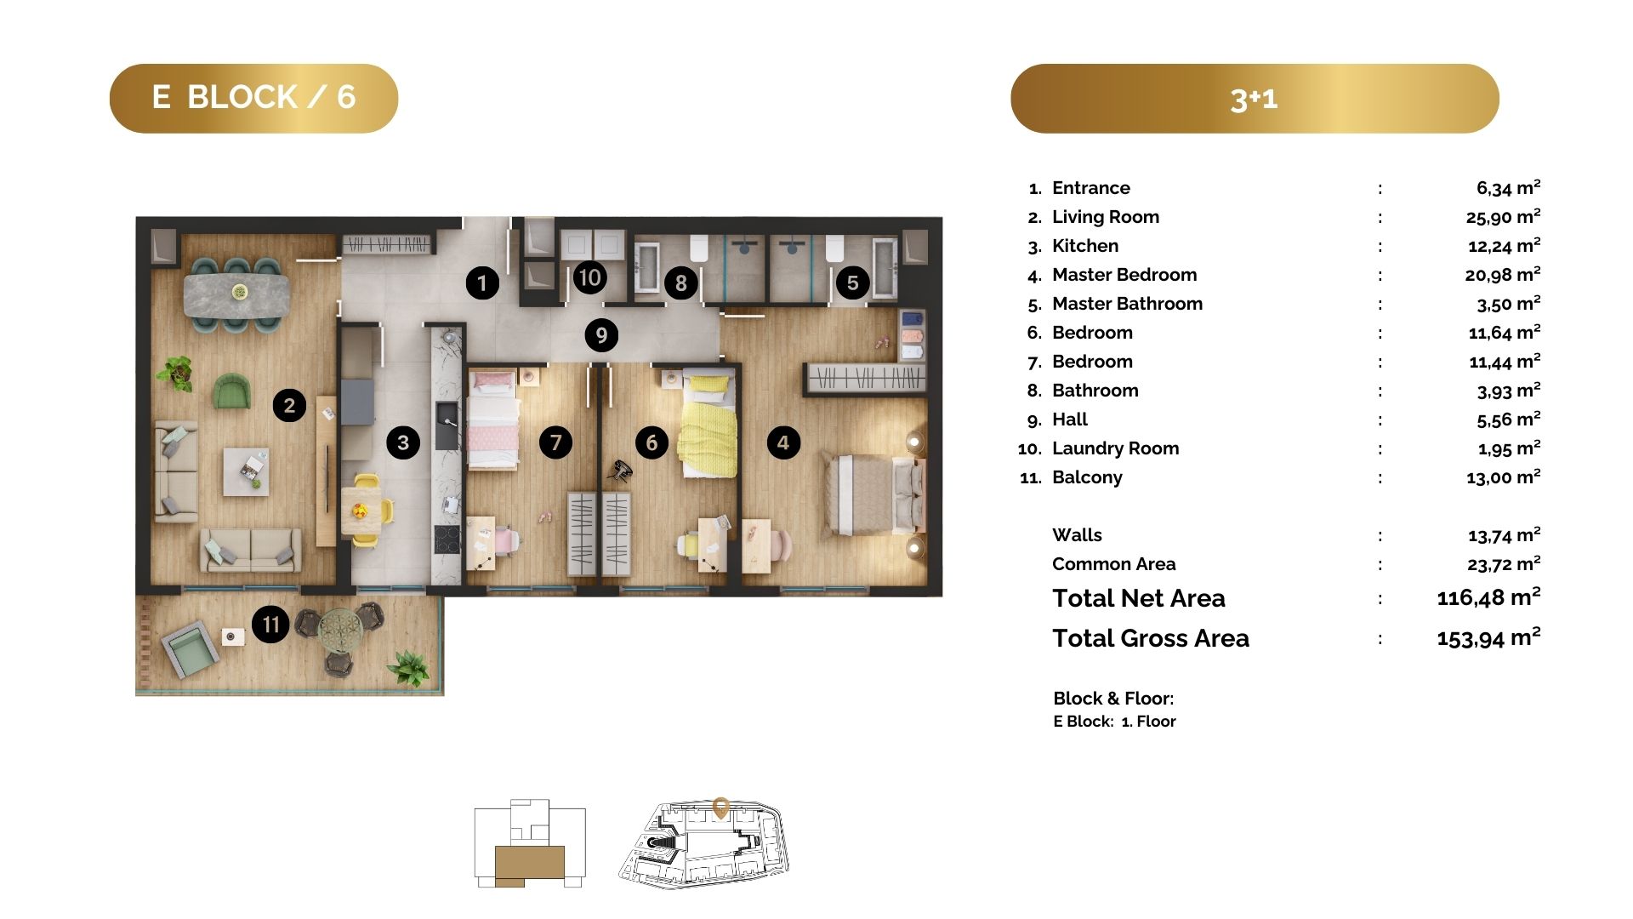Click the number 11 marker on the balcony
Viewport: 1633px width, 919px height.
pos(270,625)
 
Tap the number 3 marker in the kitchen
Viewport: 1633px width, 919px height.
pos(403,442)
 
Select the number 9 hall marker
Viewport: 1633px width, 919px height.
pos(601,335)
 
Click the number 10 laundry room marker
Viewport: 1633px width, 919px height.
pos(589,277)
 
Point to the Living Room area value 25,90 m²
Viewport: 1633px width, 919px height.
pos(1503,216)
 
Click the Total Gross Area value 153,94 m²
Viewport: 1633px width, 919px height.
pos(1488,637)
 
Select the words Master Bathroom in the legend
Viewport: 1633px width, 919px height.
pos(1127,304)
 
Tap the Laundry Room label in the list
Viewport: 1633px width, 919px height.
pos(1115,448)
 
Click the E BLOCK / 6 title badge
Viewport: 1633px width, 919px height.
pos(253,98)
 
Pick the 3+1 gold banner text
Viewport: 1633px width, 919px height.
pos(1254,99)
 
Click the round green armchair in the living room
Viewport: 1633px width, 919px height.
pos(232,391)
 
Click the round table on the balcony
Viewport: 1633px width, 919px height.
pos(340,629)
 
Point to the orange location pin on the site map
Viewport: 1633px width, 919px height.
pos(721,808)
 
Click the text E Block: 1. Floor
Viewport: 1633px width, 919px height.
pos(1114,722)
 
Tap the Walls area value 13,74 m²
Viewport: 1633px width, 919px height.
pos(1504,534)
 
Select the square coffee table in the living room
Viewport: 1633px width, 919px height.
pos(246,471)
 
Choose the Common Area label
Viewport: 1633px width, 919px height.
pos(1113,564)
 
